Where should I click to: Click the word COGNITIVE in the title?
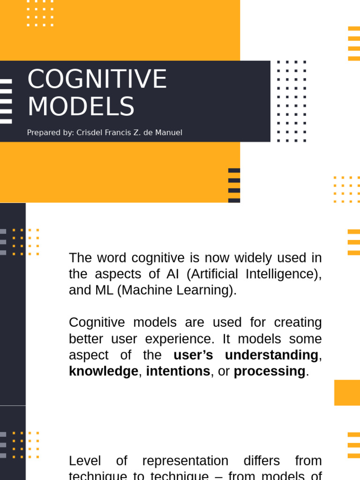[x=97, y=79]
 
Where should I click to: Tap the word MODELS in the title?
[x=81, y=107]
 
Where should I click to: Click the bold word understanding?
[x=271, y=355]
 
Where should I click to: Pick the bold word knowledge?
[x=103, y=371]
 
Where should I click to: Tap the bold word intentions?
[x=178, y=371]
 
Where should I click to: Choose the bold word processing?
[x=270, y=371]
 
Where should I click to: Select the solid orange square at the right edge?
[x=347, y=392]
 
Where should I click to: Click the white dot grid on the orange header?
[x=40, y=13]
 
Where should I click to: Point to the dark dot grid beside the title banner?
[x=291, y=101]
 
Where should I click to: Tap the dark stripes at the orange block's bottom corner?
[x=234, y=185]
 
